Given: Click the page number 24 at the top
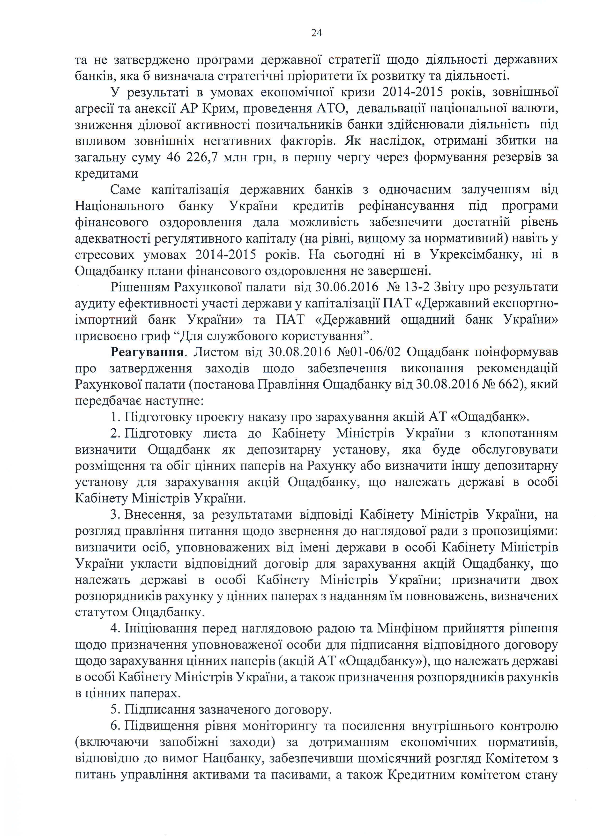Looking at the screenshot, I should coord(316,33).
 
